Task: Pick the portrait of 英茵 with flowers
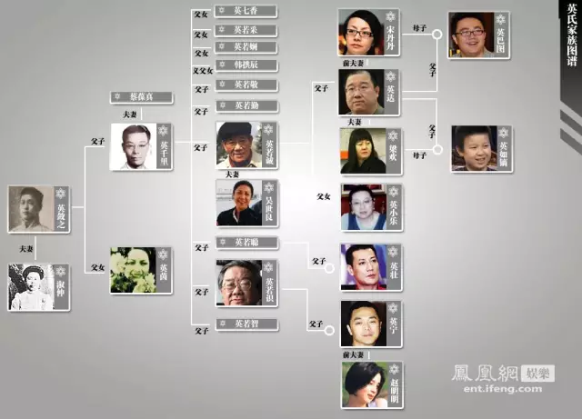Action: coord(134,270)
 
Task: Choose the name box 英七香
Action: coord(246,12)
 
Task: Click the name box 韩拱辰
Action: coord(246,66)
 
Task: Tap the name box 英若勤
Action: coord(246,105)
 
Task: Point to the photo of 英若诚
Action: coord(239,145)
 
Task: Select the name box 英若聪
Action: coord(246,243)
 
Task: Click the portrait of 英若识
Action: coord(239,283)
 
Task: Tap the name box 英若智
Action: coord(246,324)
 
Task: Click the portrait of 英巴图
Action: coord(471,35)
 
